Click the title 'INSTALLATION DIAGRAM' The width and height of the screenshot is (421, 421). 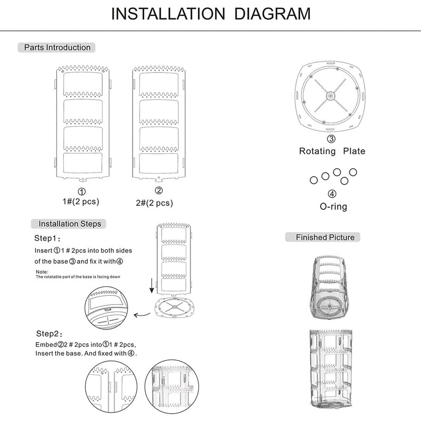click(210, 13)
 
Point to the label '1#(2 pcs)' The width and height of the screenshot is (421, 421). click(82, 202)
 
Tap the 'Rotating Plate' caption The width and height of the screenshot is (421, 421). click(332, 151)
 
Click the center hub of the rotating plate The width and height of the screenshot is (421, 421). click(330, 95)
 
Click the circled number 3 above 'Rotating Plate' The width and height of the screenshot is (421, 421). click(331, 139)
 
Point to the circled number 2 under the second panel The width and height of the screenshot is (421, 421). click(158, 191)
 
